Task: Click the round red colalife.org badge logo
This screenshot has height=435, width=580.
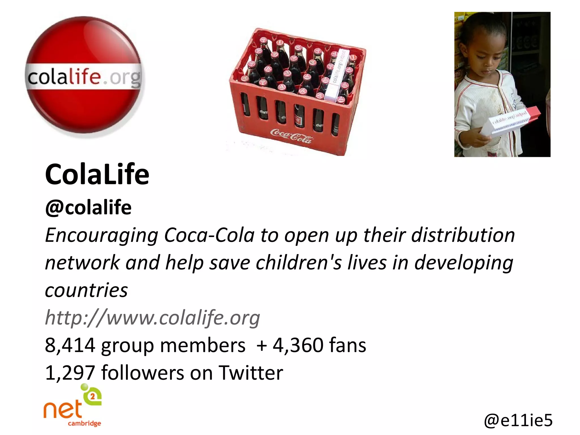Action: pyautogui.click(x=84, y=76)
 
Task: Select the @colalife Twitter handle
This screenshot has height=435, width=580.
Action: pyautogui.click(x=88, y=207)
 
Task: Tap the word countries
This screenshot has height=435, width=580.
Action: pyautogui.click(x=86, y=290)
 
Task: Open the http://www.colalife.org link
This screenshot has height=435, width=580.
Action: pyautogui.click(x=152, y=317)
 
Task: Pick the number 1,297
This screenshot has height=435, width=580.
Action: pyautogui.click(x=70, y=372)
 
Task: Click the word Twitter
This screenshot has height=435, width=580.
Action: pyautogui.click(x=251, y=372)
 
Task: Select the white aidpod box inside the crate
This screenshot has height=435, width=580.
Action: pyautogui.click(x=336, y=75)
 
